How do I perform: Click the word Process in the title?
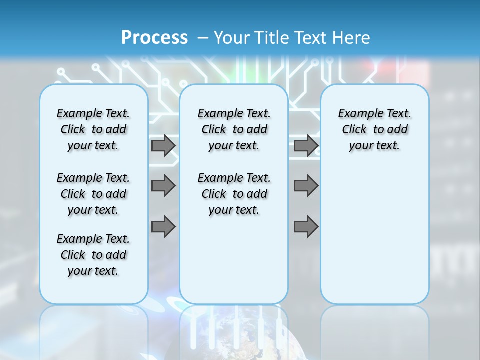(x=154, y=37)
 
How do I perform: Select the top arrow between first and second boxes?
(x=163, y=146)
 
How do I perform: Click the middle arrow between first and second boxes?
(x=163, y=186)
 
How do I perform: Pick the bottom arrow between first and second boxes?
(x=163, y=227)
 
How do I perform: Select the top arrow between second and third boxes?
(x=306, y=146)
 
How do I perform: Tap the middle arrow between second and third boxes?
(x=306, y=186)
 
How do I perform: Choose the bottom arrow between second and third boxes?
(x=306, y=227)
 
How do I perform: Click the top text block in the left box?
(x=93, y=129)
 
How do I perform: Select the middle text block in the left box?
(x=93, y=194)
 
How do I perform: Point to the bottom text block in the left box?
(x=93, y=255)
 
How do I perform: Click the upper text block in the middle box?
(x=234, y=129)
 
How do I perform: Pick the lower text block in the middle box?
(x=234, y=194)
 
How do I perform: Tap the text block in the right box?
(x=374, y=129)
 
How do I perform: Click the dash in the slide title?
(x=203, y=37)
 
